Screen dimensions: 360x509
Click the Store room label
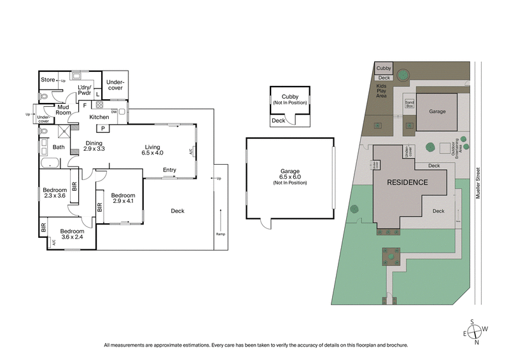coord(48,80)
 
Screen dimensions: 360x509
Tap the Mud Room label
coord(63,110)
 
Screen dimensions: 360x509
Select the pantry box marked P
coord(103,128)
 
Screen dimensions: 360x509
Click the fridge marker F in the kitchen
coord(85,106)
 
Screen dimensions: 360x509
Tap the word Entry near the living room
coord(169,170)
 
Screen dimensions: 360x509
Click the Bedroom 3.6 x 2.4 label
coord(73,234)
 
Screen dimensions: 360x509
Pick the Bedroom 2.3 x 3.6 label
coord(55,193)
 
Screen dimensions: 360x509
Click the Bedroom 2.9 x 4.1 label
coord(123,198)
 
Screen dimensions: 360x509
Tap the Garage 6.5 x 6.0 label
coord(289,176)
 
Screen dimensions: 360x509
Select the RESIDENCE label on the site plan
coord(408,182)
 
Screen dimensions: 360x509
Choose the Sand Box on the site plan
coord(410,103)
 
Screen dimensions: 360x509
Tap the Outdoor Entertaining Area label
coord(456,146)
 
